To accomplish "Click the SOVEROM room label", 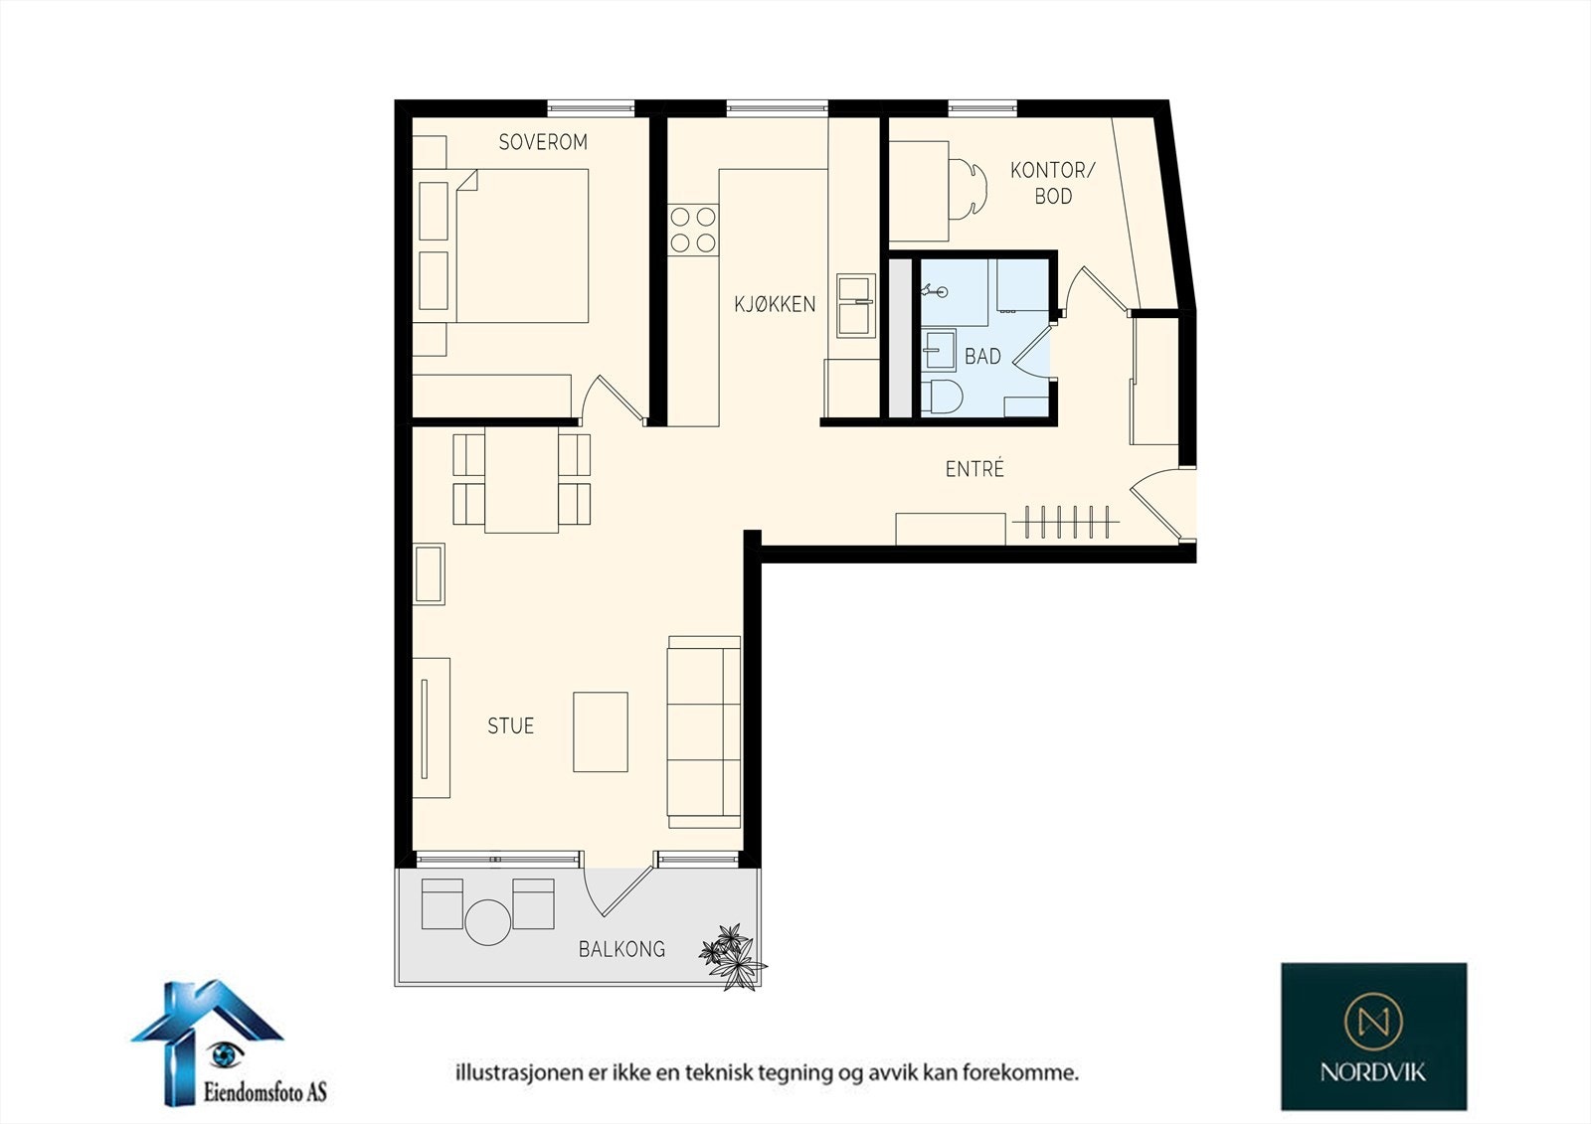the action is point(543,142).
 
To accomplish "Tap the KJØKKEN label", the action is point(775,304).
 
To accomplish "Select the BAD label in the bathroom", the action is point(983,356).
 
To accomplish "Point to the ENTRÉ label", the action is point(975,469).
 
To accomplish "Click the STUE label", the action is point(511,725).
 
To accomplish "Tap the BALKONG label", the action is point(622,949).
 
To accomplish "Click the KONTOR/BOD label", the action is point(1053,183).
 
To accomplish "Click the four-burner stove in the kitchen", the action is point(693,230).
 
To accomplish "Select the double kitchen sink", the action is point(856,305).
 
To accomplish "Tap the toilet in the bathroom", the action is point(943,397).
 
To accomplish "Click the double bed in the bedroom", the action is point(522,245).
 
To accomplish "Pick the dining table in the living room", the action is point(521,480).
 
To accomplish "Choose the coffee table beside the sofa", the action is point(601,732).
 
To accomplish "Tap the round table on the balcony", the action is point(488,922).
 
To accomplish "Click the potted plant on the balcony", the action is point(733,956).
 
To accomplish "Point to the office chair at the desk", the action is point(969,189).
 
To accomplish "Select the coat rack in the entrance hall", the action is point(1065,522).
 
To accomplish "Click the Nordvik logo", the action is point(1373,1037).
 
